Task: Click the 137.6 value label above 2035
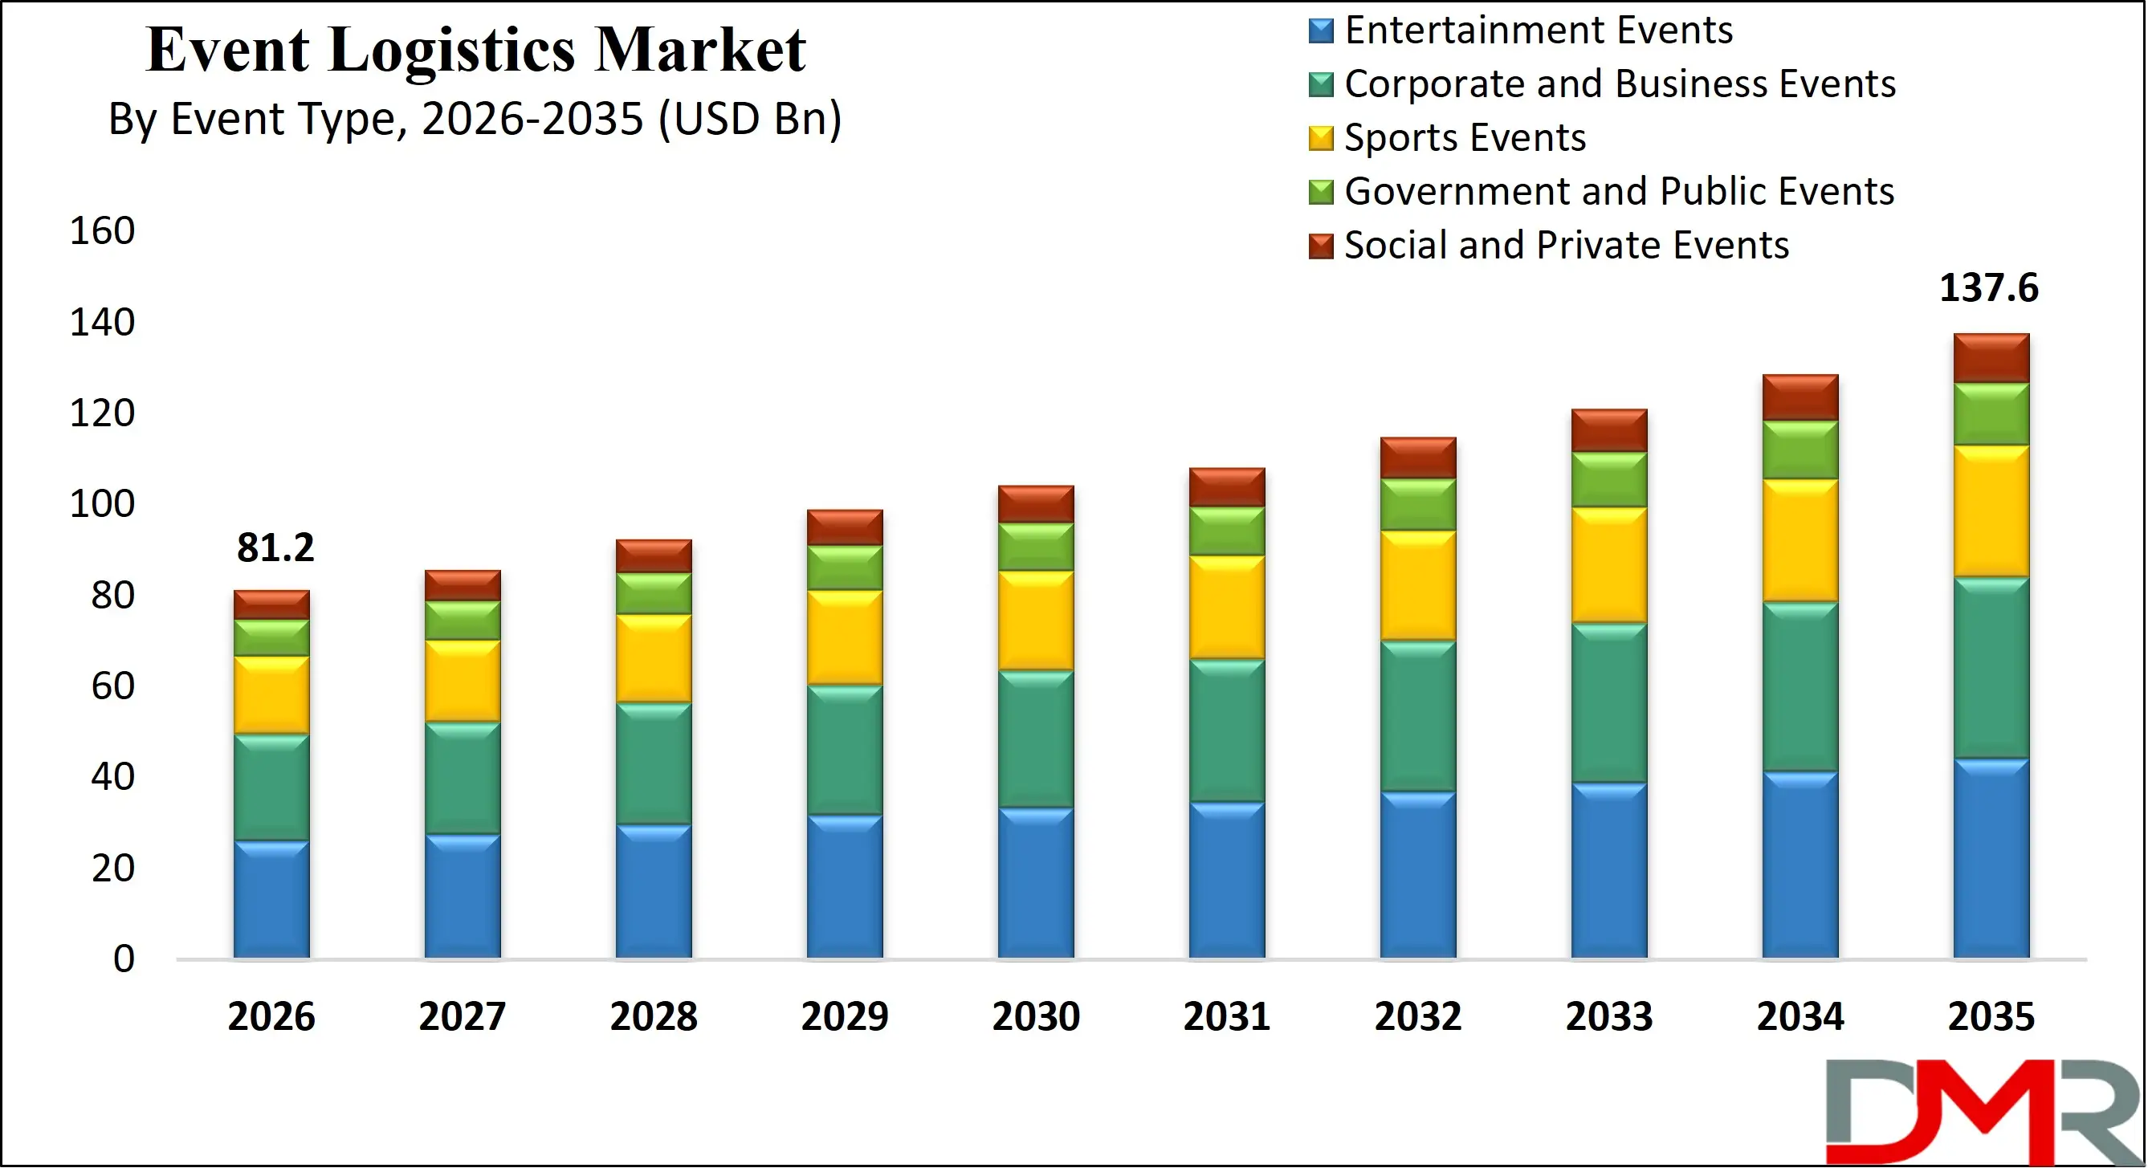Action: pos(1988,288)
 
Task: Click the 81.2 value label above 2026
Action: pos(275,547)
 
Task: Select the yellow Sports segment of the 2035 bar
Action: pos(1991,511)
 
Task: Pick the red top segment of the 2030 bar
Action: pos(1036,503)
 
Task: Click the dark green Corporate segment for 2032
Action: pos(1417,715)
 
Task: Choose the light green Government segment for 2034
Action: pos(1800,450)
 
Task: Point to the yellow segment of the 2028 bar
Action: pos(654,657)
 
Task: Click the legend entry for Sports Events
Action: pos(1464,137)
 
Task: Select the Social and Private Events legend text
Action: pos(1566,245)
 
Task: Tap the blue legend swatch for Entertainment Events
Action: pos(1321,31)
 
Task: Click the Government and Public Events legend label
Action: pos(1619,192)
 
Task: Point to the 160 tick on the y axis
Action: pos(102,231)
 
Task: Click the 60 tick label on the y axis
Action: pos(112,686)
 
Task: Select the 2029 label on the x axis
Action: pos(844,1016)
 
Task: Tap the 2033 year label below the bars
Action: pos(1608,1016)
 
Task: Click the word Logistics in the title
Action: pos(451,50)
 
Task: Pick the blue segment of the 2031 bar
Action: pos(1227,879)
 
